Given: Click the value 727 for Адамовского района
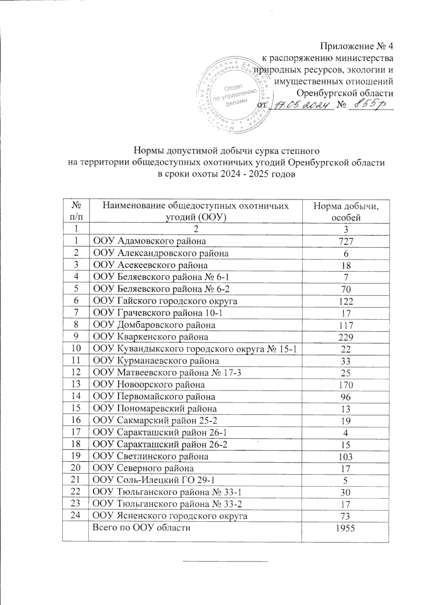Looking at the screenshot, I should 346,241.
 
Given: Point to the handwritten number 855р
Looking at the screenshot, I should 369,105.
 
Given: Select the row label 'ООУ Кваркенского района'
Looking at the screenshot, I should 150,337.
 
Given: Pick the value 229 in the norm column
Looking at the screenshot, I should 346,337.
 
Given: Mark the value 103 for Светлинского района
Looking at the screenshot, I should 346,457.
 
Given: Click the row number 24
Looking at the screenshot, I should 75,516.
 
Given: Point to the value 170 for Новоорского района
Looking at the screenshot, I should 346,385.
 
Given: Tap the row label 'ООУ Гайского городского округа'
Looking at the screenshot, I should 165,301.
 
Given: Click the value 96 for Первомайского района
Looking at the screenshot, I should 346,397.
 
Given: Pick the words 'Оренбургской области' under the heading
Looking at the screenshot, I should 345,93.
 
